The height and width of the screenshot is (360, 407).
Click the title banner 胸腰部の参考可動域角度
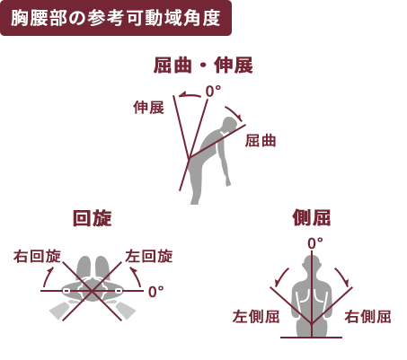point(116,18)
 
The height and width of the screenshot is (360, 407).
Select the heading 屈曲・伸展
point(203,66)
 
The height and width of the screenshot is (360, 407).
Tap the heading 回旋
point(93,218)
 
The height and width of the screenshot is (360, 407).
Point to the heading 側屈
point(312,217)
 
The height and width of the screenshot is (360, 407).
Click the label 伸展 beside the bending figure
point(149,108)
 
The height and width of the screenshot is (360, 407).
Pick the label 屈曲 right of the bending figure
point(261,140)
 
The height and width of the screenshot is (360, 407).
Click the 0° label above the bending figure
point(213,92)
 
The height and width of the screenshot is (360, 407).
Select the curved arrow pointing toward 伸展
point(190,94)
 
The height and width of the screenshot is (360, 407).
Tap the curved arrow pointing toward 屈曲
point(234,113)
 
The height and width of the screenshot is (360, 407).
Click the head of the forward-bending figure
point(230,124)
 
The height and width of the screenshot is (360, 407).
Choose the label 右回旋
point(37,257)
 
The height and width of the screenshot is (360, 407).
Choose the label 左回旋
point(149,257)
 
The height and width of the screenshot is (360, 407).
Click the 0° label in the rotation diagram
point(156,292)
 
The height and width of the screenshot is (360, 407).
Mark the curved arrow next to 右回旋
point(48,277)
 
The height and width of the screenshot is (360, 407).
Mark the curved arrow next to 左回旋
point(137,277)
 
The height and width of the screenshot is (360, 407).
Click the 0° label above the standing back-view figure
point(315,243)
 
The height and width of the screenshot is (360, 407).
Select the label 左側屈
point(256,317)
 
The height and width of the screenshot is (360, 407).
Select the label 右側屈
point(367,317)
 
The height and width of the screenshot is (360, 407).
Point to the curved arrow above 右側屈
point(343,276)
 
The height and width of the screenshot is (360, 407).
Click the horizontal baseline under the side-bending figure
point(312,338)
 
